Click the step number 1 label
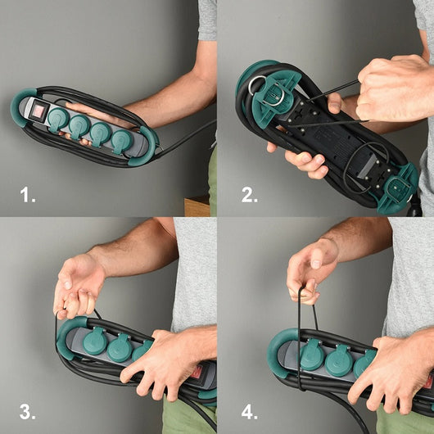tap(28, 195)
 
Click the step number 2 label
tap(250, 195)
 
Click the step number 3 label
tap(27, 412)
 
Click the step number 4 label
tap(250, 412)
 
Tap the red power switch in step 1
tap(38, 111)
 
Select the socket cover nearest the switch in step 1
tap(58, 120)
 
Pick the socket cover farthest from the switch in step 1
tap(122, 142)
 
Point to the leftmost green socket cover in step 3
tap(96, 341)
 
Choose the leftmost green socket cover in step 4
tap(312, 355)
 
